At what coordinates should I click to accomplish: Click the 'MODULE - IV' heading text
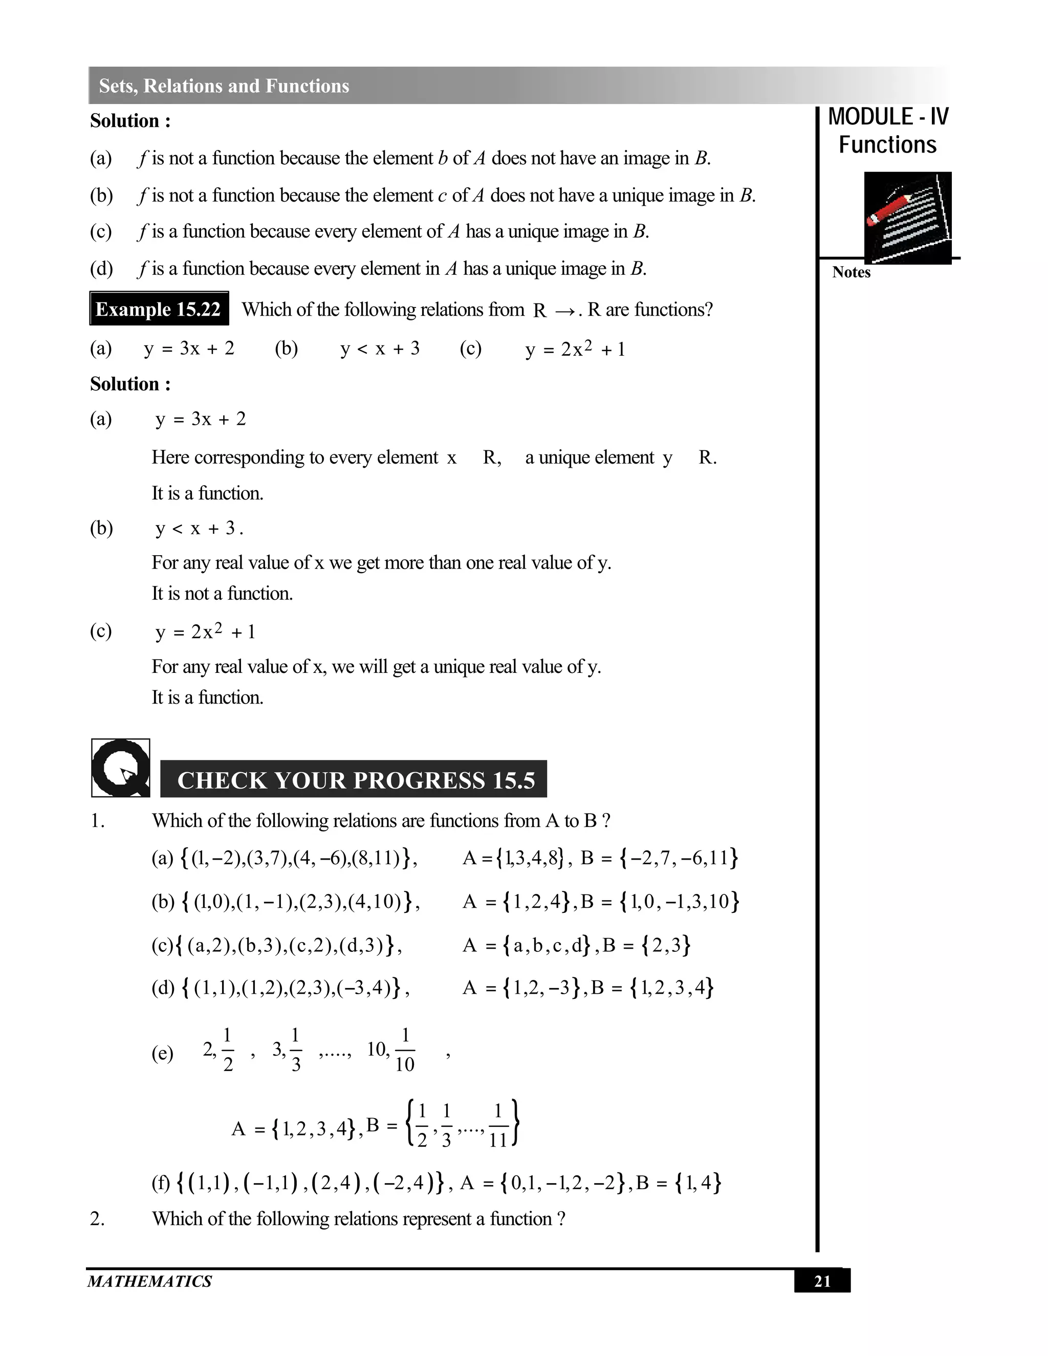(x=888, y=117)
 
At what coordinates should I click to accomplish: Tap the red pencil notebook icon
(x=907, y=218)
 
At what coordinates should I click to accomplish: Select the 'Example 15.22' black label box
(x=159, y=309)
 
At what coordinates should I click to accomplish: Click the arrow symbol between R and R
(x=564, y=311)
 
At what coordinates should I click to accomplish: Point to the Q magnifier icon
(x=120, y=768)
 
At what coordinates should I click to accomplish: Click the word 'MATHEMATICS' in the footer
(x=149, y=1281)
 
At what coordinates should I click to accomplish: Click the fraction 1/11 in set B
(x=498, y=1125)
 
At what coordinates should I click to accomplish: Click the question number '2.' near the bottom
(x=97, y=1219)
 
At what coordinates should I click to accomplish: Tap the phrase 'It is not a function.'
(x=222, y=594)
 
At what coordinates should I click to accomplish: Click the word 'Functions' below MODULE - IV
(x=887, y=145)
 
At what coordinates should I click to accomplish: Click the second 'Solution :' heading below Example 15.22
(x=130, y=384)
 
